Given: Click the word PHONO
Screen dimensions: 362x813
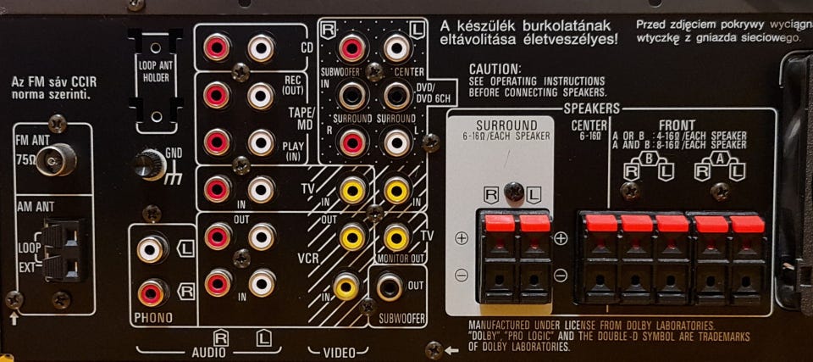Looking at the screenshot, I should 152,318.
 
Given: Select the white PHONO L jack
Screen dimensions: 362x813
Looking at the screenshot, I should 152,249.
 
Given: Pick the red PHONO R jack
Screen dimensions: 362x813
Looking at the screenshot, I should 152,292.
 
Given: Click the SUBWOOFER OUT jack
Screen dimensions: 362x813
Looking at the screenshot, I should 390,287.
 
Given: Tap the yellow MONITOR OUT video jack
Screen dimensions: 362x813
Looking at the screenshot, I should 396,237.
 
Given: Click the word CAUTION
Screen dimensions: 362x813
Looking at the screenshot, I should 495,68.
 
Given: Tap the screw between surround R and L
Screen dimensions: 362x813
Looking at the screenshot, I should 512,192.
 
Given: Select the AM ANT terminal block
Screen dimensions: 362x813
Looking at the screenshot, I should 63,251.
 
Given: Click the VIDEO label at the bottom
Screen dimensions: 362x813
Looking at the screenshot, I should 339,350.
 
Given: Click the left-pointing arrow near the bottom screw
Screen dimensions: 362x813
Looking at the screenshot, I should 454,349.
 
